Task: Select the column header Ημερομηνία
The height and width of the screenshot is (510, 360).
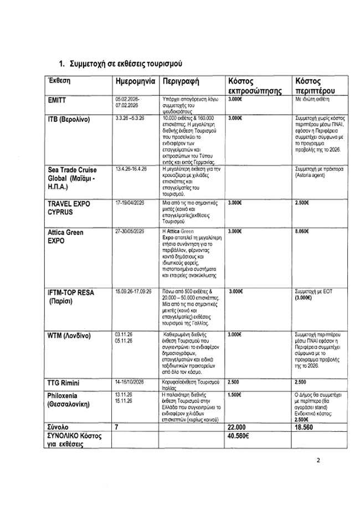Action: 133,81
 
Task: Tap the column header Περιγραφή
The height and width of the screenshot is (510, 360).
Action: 180,81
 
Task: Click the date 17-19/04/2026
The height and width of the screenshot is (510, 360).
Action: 131,204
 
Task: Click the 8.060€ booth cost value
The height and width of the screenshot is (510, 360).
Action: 304,231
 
